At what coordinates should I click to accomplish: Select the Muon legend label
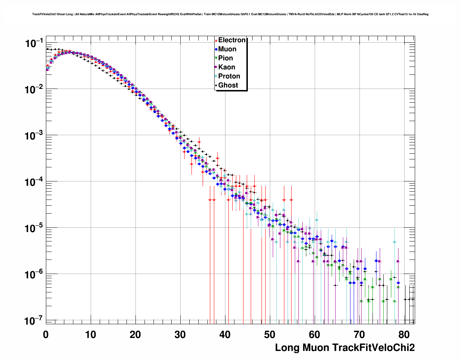tap(227, 49)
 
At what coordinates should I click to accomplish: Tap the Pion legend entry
tap(225, 58)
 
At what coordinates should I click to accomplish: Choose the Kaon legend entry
tap(227, 67)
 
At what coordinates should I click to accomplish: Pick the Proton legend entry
tap(229, 76)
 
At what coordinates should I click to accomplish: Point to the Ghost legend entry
tap(228, 85)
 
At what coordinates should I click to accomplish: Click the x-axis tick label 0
tap(46, 335)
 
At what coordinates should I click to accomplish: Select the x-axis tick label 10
tap(91, 335)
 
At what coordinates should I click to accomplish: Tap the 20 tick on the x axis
tap(135, 335)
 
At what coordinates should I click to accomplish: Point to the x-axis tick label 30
tap(180, 335)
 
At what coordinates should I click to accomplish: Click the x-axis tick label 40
tap(225, 335)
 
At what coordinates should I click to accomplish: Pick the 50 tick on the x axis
tap(270, 335)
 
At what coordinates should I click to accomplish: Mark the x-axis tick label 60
tap(315, 335)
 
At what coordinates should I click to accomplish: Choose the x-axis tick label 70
tap(359, 335)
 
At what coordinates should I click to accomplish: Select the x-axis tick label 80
tap(404, 335)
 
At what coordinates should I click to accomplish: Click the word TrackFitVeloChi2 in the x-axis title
tap(373, 348)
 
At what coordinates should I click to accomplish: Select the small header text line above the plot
tap(230, 14)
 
